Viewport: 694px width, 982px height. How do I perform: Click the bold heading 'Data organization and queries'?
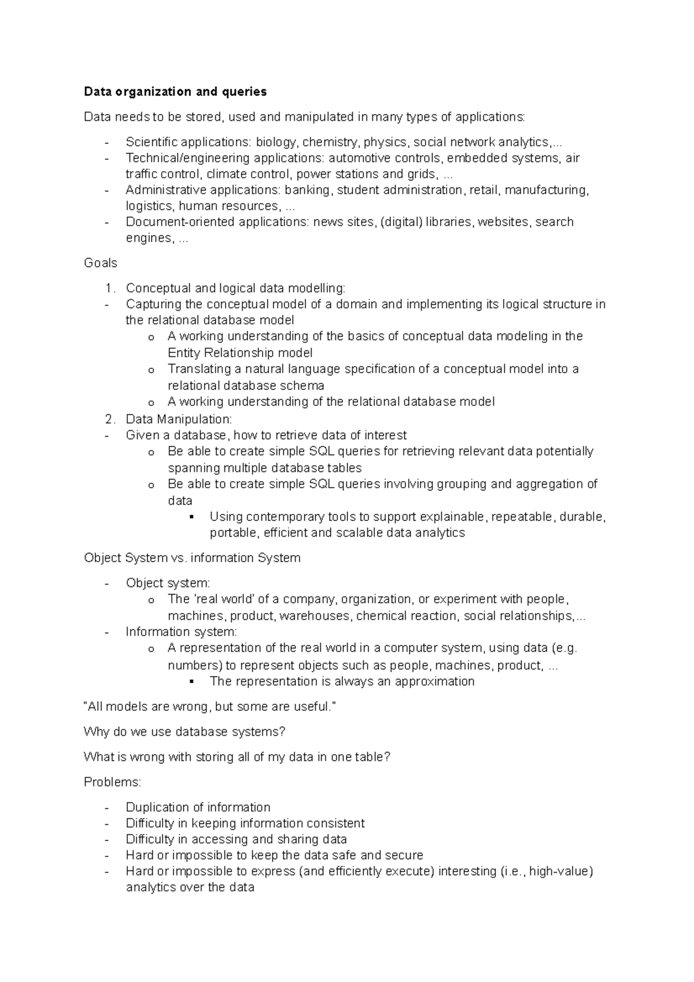[175, 91]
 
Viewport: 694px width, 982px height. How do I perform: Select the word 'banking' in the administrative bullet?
[308, 190]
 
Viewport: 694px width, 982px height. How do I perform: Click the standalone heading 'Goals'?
[101, 263]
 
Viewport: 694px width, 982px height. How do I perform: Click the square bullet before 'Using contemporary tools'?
[191, 516]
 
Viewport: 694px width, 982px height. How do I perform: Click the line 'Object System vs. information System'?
[192, 558]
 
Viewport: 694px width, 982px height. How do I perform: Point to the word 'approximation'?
[434, 681]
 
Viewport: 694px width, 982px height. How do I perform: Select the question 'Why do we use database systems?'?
[184, 732]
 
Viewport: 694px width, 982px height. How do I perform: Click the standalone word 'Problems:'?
[112, 782]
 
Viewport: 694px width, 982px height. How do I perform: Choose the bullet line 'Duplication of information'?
[198, 807]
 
